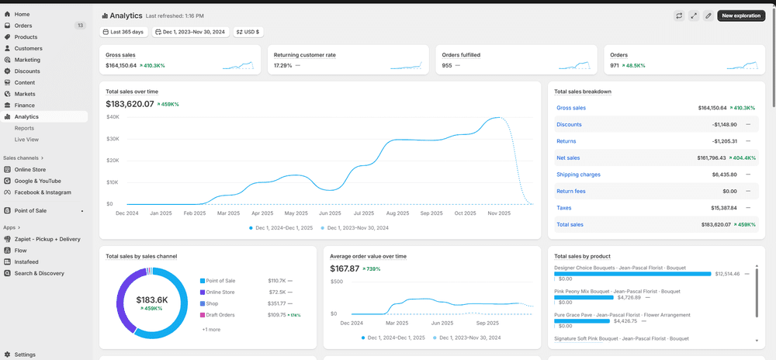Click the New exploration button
coord(741,16)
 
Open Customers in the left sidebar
coord(28,48)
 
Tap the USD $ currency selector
coord(248,32)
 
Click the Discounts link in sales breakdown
coord(569,124)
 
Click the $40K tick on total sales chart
coord(113,117)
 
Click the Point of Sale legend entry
coord(220,281)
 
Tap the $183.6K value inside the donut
coord(152,299)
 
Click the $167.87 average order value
coord(345,268)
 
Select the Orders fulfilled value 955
coord(447,65)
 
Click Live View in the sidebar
coord(26,140)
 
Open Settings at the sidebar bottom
coord(25,355)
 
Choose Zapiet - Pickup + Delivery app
coord(47,239)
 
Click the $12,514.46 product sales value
coord(727,273)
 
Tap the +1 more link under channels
coord(210,330)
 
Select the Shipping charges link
coord(578,175)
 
